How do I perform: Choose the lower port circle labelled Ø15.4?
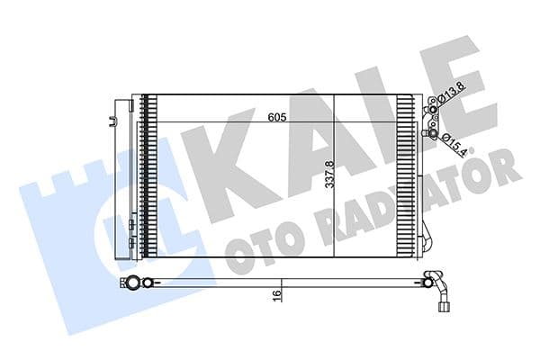click(x=436, y=136)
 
